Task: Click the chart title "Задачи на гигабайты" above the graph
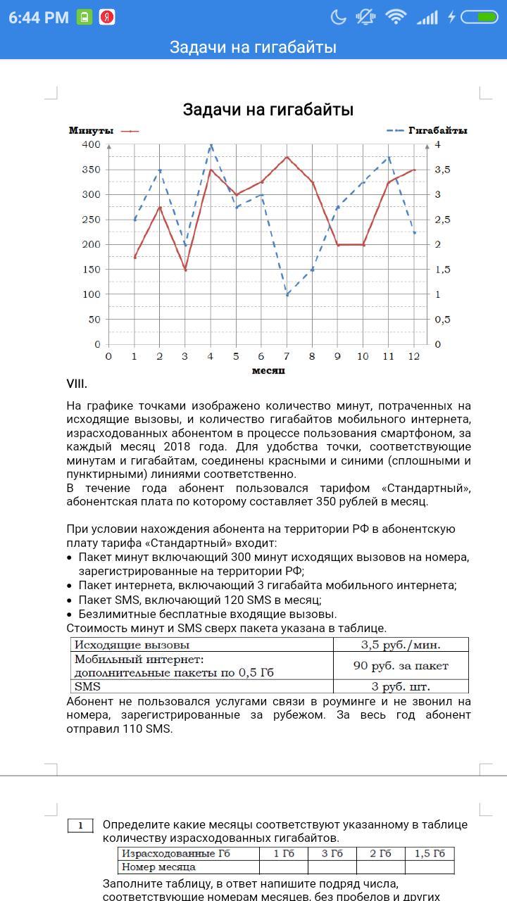[268, 110]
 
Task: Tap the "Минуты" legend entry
[92, 131]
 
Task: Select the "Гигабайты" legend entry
[438, 131]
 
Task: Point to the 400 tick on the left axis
[91, 144]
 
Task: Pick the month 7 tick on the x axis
[287, 356]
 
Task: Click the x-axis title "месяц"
[268, 370]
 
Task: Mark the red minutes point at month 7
[287, 157]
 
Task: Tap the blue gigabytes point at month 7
[287, 294]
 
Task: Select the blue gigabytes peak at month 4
[211, 145]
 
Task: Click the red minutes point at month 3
[185, 270]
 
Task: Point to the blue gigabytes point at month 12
[414, 232]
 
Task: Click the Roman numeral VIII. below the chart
[77, 384]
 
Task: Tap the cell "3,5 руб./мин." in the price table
[401, 644]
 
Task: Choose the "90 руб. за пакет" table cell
[401, 665]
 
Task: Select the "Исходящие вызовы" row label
[132, 644]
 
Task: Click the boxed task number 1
[81, 825]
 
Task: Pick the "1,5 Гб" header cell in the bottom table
[430, 854]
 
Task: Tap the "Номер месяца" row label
[159, 867]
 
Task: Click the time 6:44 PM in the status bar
[39, 18]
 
